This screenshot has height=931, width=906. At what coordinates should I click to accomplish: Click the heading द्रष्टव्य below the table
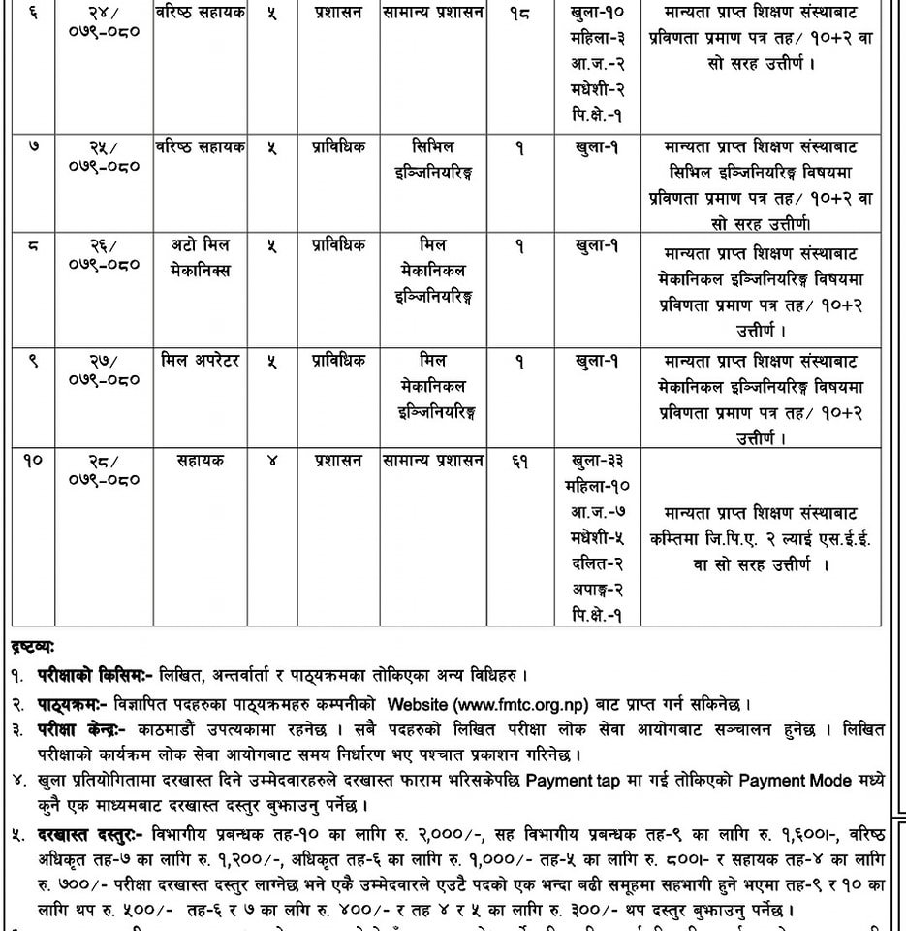[33, 645]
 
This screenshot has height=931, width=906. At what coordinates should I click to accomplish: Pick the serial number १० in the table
[33, 462]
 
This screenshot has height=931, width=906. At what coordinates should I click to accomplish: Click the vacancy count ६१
[520, 462]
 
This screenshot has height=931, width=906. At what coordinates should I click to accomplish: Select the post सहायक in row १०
[201, 462]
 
